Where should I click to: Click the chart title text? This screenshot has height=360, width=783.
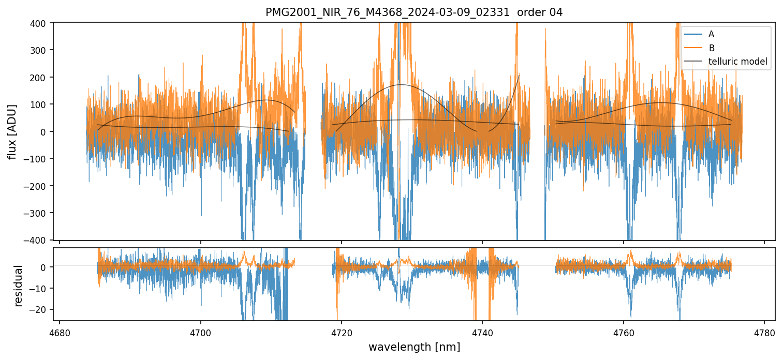[414, 12]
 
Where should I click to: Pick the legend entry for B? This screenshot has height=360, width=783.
[711, 48]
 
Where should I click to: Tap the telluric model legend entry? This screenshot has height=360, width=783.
[737, 62]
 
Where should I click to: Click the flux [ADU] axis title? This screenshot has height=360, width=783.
[12, 131]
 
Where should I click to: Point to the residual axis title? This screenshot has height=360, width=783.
[19, 286]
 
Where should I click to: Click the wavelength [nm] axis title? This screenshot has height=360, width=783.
[414, 347]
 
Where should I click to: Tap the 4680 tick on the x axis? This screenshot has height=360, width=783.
[60, 332]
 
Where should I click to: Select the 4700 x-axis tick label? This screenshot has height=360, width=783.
[201, 332]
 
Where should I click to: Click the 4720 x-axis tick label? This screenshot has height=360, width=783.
[342, 332]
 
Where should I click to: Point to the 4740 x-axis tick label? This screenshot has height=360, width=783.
[482, 332]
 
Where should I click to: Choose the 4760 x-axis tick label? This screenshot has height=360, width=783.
[624, 332]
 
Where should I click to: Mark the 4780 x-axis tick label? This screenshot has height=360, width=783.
[764, 332]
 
